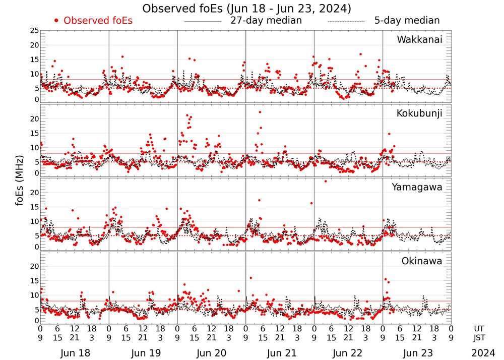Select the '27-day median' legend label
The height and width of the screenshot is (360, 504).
tap(266, 21)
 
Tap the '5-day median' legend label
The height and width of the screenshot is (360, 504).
tap(407, 21)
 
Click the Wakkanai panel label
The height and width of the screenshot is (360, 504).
tap(419, 40)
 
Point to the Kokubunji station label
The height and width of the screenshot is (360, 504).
tap(419, 113)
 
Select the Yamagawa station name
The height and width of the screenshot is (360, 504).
tap(417, 187)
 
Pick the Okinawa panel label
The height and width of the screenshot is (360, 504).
tap(421, 261)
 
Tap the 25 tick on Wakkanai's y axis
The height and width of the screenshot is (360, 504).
tap(34, 31)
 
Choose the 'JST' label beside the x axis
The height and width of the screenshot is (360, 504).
tap(480, 337)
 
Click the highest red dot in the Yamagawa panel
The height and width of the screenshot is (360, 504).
tap(326, 181)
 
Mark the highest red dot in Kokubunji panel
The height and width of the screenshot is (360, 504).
tap(260, 112)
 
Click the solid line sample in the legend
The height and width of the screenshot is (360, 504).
tap(203, 22)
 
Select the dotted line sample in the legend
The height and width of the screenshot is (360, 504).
tap(346, 22)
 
